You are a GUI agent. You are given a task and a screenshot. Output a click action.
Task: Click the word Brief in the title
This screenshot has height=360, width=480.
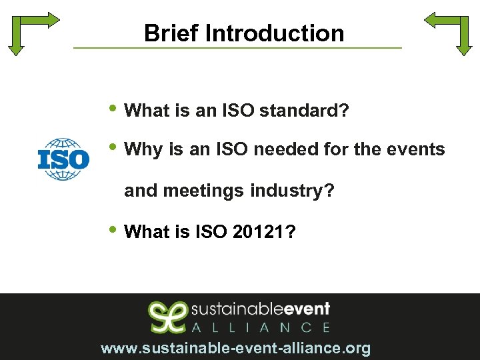click(164, 33)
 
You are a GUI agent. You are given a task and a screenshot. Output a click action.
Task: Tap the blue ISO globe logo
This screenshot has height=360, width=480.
click(63, 159)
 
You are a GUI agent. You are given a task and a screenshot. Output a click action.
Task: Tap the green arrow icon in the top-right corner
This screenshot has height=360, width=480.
click(449, 30)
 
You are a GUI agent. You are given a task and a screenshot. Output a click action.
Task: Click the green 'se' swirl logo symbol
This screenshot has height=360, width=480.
click(166, 317)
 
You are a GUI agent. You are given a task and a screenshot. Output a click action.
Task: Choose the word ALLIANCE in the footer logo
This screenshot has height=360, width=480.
click(261, 327)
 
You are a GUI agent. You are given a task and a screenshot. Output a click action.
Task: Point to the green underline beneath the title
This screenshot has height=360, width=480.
click(237, 48)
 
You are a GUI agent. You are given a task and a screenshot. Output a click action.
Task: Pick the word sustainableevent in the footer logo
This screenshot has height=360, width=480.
click(261, 310)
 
